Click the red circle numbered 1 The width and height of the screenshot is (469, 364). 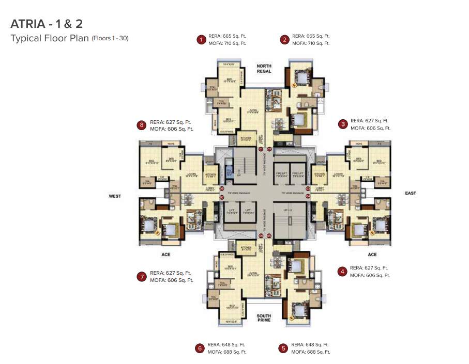[x=201, y=40]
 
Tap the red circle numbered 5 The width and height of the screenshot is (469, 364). [x=283, y=348]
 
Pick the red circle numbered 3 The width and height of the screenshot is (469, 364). [x=342, y=124]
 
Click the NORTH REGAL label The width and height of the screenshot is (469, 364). [x=264, y=69]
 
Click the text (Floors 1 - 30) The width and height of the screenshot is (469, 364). [x=110, y=38]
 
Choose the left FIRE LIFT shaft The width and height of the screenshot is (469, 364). [x=281, y=175]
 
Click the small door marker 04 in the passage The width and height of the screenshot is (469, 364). [x=308, y=196]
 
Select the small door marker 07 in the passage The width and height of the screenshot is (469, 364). [x=221, y=197]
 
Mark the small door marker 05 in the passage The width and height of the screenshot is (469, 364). [x=269, y=235]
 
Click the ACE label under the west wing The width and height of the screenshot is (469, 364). [x=165, y=255]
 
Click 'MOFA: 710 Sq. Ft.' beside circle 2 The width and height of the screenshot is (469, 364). [x=311, y=43]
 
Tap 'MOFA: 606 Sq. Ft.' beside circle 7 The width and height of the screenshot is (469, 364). [x=171, y=280]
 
